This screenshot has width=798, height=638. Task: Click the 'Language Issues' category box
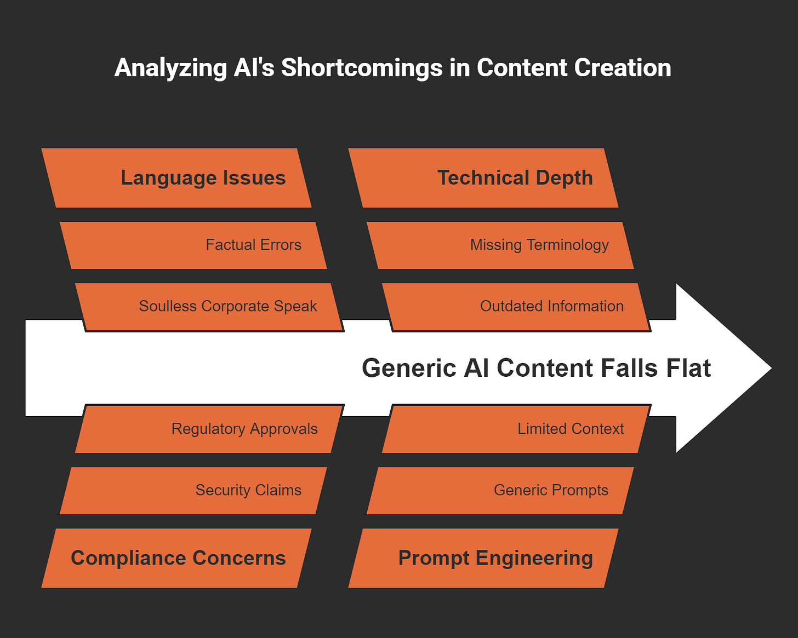176,178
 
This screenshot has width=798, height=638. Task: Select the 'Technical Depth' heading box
483,178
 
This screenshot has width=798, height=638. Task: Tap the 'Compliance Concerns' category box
176,558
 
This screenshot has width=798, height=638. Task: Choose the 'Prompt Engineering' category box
483,558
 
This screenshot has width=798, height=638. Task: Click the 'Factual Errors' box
193,245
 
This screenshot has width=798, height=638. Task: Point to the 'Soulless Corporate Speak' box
209,306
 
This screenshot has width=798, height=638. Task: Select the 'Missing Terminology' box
500,245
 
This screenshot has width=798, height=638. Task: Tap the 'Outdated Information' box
516,306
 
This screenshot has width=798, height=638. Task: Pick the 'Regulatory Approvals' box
209,429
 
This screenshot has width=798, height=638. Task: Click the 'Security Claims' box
193,490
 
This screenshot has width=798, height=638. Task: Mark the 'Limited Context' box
516,429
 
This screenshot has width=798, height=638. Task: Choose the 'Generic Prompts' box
500,490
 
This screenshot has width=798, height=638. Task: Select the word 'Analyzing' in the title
170,68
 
